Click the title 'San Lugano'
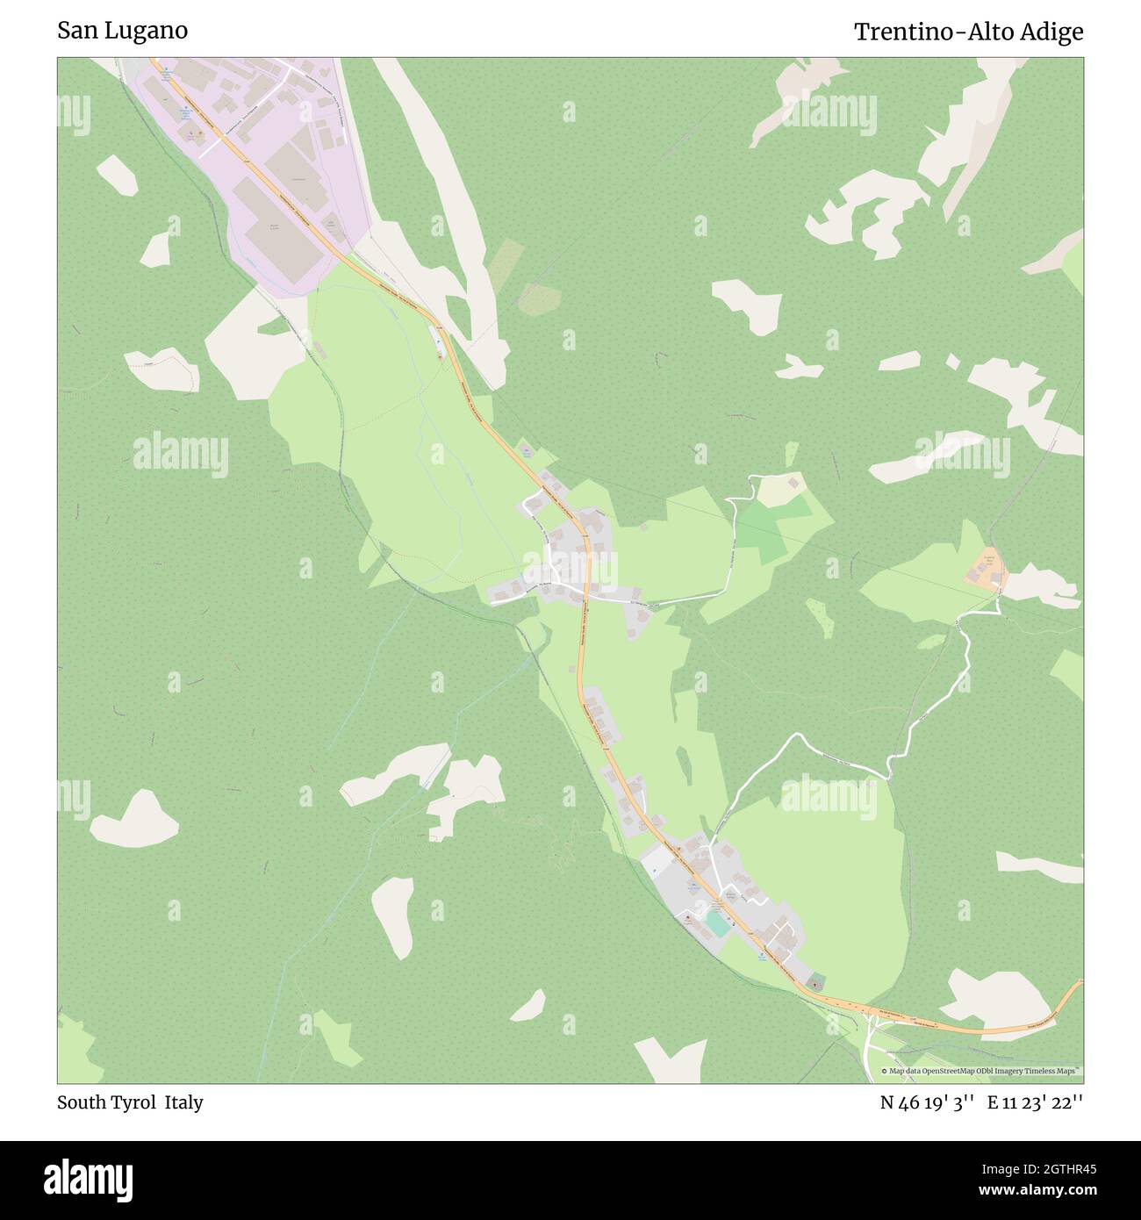coord(122,31)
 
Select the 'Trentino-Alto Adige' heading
coord(968,32)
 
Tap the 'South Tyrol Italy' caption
coord(130,1102)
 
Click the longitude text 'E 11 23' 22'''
coord(1035,1102)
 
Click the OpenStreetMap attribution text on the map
coord(980,1071)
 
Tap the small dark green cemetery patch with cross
coord(816,981)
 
